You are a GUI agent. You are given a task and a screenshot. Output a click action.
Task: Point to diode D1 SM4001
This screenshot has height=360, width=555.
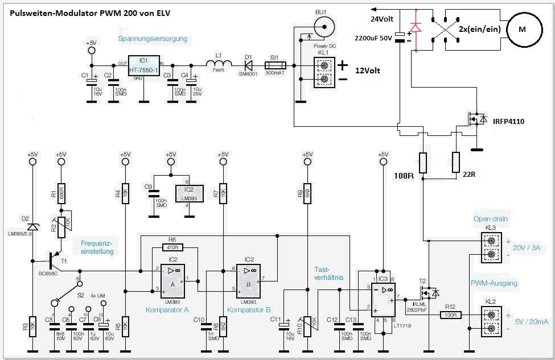coord(248,64)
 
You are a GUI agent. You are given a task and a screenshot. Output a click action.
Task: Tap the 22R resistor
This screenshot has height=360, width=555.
coord(455,162)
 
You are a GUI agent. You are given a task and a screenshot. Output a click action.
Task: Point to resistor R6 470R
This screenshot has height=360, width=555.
coord(174,247)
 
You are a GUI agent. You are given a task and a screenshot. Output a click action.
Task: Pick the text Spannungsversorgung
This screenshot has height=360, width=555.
coord(153,39)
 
